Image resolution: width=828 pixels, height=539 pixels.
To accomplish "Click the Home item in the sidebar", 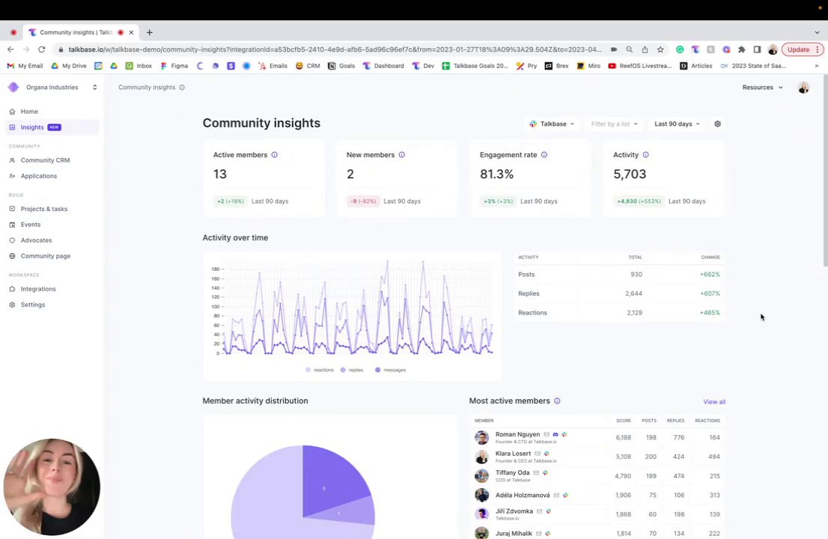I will coord(29,112).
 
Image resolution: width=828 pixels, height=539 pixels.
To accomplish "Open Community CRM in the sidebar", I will coord(45,160).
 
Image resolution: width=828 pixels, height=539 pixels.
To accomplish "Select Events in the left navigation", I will coord(31,225).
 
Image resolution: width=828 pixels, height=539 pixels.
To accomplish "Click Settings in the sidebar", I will coord(33,305).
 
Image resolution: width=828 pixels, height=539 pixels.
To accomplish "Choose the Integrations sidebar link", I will coord(38,289).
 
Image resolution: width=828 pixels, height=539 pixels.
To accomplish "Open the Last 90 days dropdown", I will coord(676,124).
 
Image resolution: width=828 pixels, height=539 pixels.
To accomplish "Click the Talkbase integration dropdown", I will coord(552,124).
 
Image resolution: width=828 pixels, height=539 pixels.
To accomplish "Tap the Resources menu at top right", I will coord(761,88).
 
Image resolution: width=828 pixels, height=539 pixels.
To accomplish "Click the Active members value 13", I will coord(219,174).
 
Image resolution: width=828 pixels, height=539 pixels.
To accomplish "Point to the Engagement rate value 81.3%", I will coord(496,174).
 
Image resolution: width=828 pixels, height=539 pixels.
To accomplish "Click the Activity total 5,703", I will coord(630,174).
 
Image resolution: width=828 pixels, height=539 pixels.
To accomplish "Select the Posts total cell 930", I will coord(636,275).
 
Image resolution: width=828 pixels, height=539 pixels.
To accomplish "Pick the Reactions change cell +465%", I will coord(710,313).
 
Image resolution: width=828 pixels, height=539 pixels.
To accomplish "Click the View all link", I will coord(713,402).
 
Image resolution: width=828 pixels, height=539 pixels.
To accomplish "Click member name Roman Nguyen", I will coord(517,434).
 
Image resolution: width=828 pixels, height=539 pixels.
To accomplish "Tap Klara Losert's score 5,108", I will coord(623,457).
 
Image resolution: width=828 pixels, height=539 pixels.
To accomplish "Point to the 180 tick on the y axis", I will coord(216,269).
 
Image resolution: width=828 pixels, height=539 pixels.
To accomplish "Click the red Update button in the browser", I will coord(798,49).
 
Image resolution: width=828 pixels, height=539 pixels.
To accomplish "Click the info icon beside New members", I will coord(401,155).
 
